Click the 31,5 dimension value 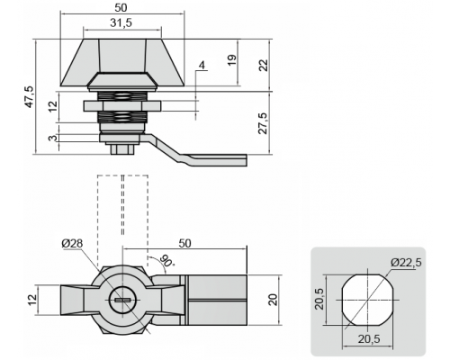(121, 22)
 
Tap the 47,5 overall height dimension (30, 96)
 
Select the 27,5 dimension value (263, 123)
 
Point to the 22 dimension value (263, 65)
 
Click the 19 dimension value (232, 60)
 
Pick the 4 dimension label (202, 65)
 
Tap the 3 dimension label (53, 138)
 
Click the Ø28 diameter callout (72, 243)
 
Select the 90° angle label (167, 260)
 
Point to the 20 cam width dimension (273, 300)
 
